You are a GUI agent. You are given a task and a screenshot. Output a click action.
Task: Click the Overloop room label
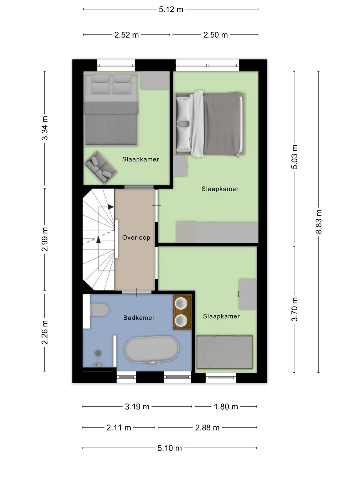pos(136,237)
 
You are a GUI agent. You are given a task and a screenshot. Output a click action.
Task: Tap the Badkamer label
pos(139,318)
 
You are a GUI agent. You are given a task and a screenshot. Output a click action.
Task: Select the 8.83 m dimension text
pos(319,222)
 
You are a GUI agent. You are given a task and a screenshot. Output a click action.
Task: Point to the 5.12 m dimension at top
pos(171,9)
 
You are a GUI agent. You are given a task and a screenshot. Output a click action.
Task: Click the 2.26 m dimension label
pos(45,332)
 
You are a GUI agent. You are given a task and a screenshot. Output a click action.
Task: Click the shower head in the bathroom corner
pos(98,353)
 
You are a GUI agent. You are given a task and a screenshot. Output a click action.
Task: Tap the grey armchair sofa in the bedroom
pos(100,167)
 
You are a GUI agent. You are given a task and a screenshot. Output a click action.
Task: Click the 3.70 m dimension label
pos(294,309)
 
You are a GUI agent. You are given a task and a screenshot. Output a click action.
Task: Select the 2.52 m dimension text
pos(126,35)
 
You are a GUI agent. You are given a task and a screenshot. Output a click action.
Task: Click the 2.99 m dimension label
pos(45,239)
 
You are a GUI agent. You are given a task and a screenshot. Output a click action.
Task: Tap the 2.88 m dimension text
pos(207,428)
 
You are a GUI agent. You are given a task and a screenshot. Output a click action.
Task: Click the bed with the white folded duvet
pos(209,124)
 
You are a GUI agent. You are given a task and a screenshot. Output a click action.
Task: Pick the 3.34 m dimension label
pos(45,128)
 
